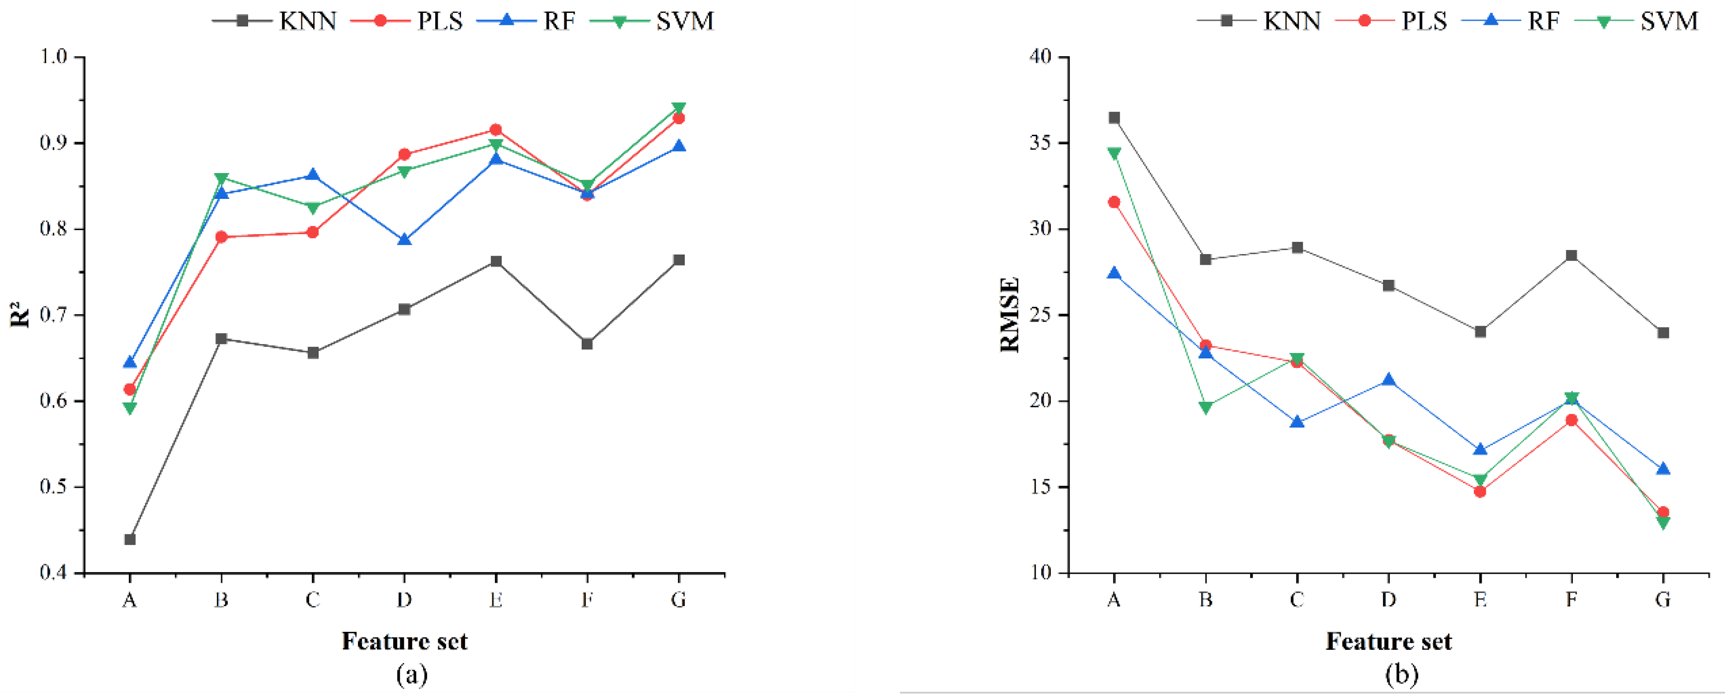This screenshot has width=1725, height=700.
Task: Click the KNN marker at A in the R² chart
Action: tap(130, 539)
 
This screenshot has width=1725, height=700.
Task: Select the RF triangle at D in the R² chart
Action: tap(404, 240)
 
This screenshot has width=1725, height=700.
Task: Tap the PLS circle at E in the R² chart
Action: tap(496, 130)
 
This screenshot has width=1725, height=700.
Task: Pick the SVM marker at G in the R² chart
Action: tap(678, 108)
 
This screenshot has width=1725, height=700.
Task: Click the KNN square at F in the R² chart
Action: tap(587, 344)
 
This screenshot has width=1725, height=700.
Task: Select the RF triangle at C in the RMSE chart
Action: tap(1297, 422)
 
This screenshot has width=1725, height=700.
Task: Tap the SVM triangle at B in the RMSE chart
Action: tap(1205, 408)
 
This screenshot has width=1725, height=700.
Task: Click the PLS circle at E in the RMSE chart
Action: tap(1480, 491)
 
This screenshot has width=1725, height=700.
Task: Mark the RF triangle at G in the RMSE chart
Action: tap(1663, 469)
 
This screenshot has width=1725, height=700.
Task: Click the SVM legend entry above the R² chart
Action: tap(653, 21)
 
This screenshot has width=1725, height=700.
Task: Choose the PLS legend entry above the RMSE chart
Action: tap(1391, 21)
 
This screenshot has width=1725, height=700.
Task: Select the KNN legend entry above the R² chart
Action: tap(275, 21)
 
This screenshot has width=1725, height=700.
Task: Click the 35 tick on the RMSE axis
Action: tap(1042, 143)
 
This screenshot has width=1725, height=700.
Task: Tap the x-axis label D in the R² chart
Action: tap(404, 600)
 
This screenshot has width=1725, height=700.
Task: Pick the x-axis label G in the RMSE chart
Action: tap(1663, 600)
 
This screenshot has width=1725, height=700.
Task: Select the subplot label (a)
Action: tap(411, 675)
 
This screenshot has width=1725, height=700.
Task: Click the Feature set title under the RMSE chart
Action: tap(1388, 642)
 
